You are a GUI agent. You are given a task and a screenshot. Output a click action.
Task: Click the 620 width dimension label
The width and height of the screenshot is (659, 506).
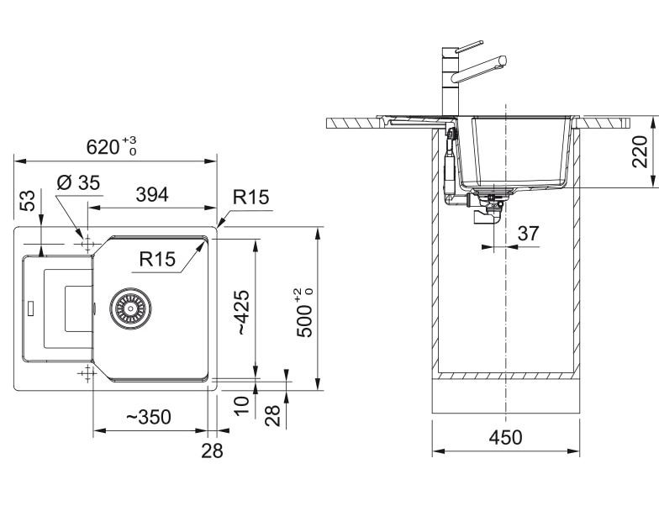(x=111, y=146)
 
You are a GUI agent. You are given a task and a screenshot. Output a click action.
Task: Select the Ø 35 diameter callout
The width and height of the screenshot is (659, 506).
(x=78, y=183)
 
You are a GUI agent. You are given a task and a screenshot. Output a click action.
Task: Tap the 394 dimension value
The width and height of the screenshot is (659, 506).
(x=152, y=195)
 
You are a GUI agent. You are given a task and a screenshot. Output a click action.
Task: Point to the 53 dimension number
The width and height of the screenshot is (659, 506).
(x=28, y=201)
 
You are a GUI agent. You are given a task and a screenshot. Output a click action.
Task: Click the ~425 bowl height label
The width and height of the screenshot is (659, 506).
(x=244, y=313)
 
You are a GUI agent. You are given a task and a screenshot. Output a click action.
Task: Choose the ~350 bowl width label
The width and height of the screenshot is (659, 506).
(x=148, y=417)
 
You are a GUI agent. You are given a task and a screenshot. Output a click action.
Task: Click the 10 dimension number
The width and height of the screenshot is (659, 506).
(x=242, y=406)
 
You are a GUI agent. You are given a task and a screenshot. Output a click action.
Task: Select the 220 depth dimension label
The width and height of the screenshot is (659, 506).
(x=641, y=151)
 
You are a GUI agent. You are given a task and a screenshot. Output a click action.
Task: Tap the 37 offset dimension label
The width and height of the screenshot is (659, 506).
(x=528, y=234)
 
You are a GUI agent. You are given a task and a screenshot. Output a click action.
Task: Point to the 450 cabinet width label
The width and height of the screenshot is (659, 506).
(x=506, y=437)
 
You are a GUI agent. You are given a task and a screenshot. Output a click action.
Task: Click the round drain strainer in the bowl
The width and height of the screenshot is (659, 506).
(x=131, y=308)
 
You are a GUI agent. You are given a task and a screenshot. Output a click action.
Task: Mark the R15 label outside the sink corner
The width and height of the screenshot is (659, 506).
(x=250, y=197)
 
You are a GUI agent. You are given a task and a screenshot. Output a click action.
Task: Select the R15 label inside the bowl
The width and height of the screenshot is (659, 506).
(x=157, y=259)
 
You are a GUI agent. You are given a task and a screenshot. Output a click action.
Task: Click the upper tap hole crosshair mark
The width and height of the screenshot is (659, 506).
(x=87, y=244)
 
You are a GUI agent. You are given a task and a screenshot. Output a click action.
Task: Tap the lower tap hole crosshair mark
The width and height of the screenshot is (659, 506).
(x=87, y=373)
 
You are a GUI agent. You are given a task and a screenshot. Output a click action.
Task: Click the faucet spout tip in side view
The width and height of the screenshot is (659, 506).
(x=502, y=61)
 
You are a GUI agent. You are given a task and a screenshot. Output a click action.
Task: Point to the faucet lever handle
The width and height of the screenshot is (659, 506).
(x=469, y=46)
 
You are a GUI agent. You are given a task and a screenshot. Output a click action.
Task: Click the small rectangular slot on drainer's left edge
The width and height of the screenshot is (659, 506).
(x=30, y=308)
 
